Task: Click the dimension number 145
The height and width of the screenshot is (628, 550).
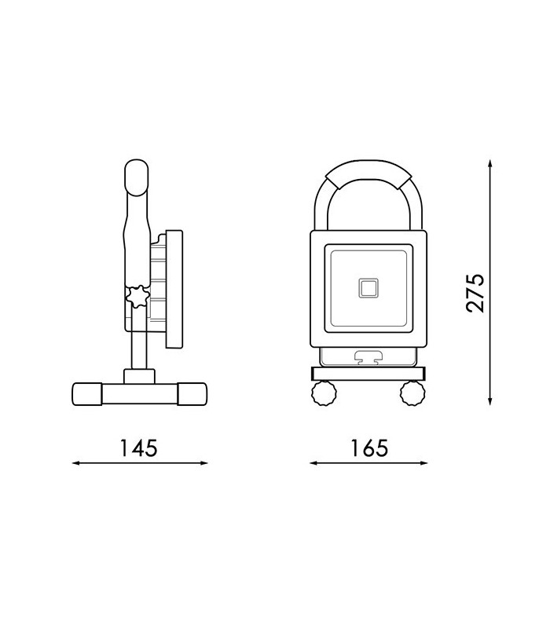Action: point(139,447)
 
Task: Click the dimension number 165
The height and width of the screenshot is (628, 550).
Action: point(369,447)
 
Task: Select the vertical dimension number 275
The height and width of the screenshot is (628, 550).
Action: point(475,293)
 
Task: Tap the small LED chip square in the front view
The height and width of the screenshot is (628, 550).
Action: point(368,288)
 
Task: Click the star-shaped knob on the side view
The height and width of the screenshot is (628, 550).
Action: point(138,297)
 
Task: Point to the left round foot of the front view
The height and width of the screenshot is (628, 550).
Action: point(324,393)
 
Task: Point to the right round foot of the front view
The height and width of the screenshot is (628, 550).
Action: point(412,393)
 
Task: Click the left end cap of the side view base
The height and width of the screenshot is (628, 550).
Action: point(87,394)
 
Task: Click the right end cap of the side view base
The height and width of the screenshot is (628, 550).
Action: point(192,394)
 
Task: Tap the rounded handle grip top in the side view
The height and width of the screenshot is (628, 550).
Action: point(137,178)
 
